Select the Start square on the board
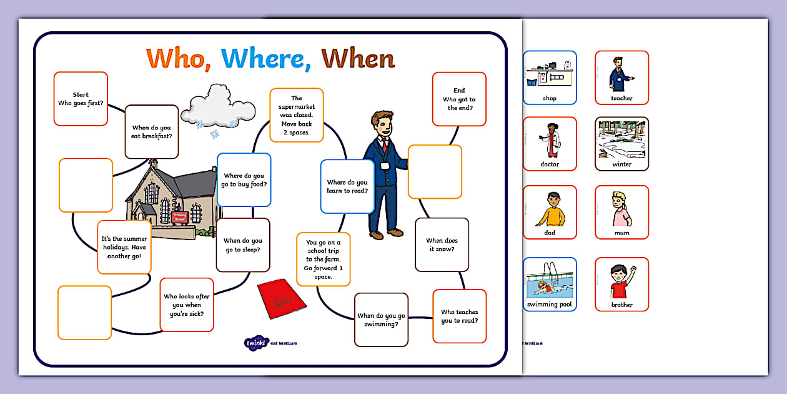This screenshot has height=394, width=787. tap(81, 99)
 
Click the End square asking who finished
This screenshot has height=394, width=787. tap(459, 99)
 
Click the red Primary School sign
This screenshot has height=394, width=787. tap(179, 216)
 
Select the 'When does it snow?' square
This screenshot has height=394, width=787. tap(442, 245)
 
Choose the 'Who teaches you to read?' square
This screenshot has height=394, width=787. tap(459, 316)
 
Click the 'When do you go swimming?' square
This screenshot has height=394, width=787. tap(381, 320)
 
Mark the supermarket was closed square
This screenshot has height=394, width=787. tap(297, 115)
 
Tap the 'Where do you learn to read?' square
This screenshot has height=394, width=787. tap(347, 186)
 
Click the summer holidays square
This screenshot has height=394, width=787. tap(124, 247)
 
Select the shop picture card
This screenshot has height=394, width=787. tap(550, 78)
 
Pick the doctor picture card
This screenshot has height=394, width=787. tap(550, 144)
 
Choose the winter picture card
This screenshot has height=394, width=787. tap(621, 144)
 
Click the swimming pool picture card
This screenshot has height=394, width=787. tap(550, 285)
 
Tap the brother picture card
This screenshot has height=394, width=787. tap(621, 285)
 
